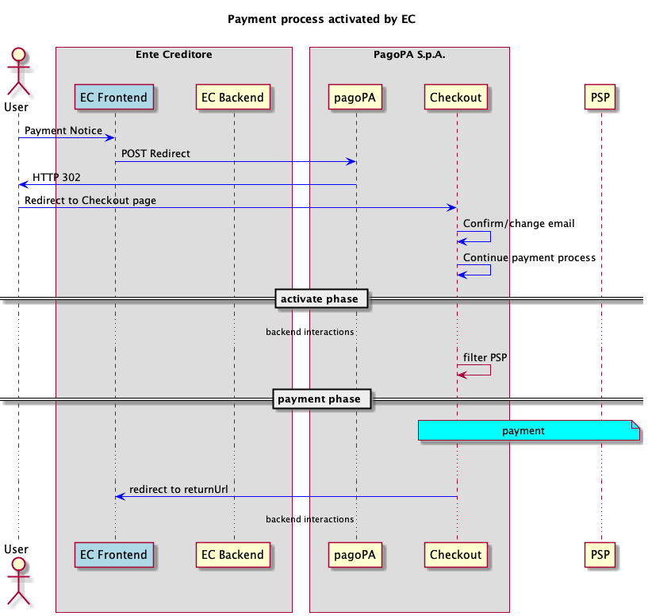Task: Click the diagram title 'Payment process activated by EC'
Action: (x=321, y=18)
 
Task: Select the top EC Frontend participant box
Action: (x=114, y=98)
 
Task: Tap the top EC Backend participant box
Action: (x=234, y=98)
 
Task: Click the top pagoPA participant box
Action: (x=355, y=98)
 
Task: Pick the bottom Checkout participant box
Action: (x=456, y=554)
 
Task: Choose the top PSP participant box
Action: (x=600, y=98)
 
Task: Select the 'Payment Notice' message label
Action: (x=63, y=130)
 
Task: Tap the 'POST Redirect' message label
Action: (x=155, y=153)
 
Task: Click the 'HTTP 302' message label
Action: (x=56, y=177)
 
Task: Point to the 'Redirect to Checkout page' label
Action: (x=90, y=200)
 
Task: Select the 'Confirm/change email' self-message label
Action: (x=519, y=224)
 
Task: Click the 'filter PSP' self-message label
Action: (x=485, y=357)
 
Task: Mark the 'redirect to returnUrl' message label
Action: (x=178, y=489)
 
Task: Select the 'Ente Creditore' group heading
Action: (x=174, y=55)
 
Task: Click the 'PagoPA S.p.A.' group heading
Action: (x=409, y=55)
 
